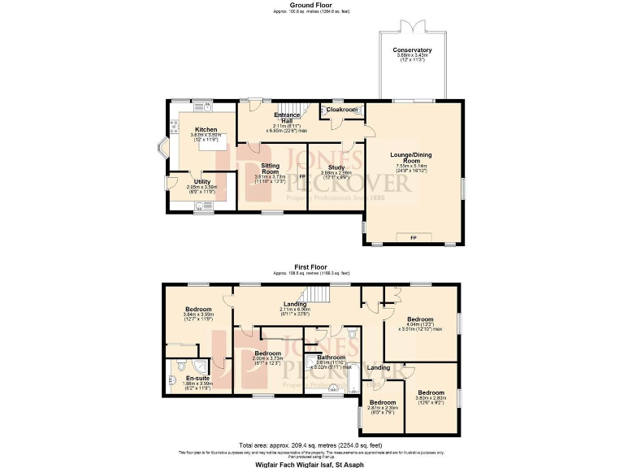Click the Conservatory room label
point(412,50)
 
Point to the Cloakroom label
point(342,109)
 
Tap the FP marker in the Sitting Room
point(301,175)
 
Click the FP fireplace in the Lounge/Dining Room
point(413,237)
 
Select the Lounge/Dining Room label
point(412,155)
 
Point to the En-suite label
point(197,379)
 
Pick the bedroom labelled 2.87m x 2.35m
point(383,403)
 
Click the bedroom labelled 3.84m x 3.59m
point(198,310)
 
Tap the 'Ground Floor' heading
point(311,5)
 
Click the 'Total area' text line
point(311,445)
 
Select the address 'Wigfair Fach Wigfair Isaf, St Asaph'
point(311,461)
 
